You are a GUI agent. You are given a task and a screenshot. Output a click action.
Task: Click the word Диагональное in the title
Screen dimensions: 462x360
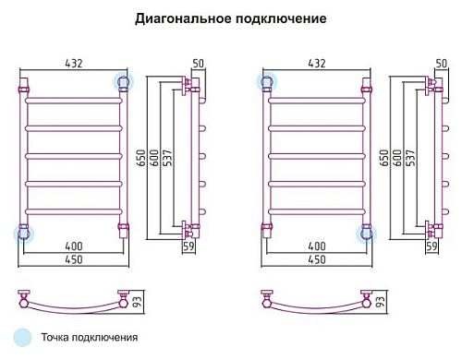tap(183, 19)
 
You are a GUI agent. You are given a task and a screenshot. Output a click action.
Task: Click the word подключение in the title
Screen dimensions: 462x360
tap(281, 18)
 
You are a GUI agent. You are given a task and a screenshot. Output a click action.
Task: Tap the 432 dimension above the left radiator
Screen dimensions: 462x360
tap(74, 63)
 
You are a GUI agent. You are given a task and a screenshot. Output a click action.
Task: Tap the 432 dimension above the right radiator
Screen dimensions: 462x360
tap(317, 63)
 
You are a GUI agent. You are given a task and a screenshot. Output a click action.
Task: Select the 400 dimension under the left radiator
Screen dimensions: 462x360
tap(74, 246)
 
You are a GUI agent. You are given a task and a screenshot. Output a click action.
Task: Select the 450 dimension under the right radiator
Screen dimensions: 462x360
tap(317, 259)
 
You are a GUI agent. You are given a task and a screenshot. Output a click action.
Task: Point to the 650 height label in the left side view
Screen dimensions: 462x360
tap(140, 158)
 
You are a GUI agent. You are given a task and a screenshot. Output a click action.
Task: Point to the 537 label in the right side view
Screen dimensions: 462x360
tap(410, 158)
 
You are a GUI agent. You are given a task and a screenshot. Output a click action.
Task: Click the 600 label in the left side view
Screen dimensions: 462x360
tap(154, 158)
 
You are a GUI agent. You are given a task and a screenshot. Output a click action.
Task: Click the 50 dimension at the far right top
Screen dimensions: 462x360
tap(442, 63)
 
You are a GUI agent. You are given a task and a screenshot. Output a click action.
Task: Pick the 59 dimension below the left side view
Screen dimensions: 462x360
tap(188, 246)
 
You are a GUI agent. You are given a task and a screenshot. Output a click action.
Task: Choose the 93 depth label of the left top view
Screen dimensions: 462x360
tap(138, 301)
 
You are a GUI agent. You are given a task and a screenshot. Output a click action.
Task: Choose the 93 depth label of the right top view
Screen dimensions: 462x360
tap(381, 301)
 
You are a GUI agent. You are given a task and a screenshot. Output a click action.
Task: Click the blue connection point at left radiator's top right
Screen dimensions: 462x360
tap(124, 82)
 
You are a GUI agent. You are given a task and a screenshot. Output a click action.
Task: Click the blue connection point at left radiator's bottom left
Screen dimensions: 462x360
tap(23, 234)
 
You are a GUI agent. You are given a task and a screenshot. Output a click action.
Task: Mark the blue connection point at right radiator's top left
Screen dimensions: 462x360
tap(267, 82)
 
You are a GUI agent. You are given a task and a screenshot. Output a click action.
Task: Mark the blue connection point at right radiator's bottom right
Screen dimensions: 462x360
tap(367, 234)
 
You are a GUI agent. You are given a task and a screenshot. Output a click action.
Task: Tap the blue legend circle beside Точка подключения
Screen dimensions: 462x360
tap(22, 337)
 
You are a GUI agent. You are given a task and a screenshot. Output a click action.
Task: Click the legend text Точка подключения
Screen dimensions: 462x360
tap(90, 338)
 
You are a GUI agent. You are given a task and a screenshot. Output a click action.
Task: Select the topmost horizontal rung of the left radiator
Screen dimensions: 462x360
tap(74, 101)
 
